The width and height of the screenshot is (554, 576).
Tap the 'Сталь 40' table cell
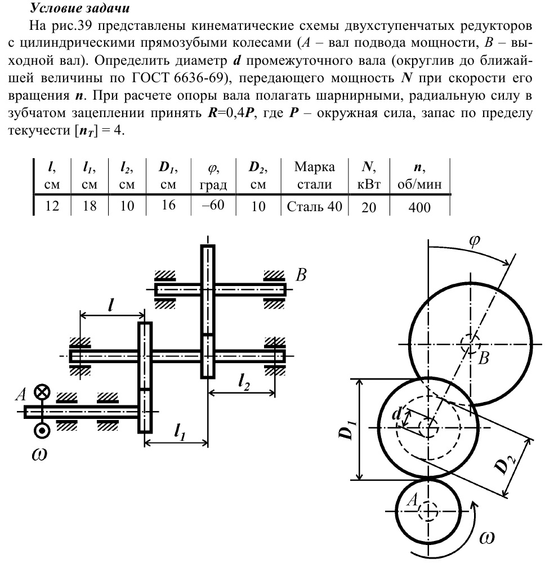tap(314, 207)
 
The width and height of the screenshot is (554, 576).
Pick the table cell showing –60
tap(213, 206)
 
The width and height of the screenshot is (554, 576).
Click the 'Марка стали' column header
tap(314, 175)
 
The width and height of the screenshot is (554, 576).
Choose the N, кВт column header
tap(369, 175)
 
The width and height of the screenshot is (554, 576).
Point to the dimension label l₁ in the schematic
tap(180, 432)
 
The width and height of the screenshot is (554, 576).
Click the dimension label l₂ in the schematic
tap(244, 383)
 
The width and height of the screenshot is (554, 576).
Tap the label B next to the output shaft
tap(302, 275)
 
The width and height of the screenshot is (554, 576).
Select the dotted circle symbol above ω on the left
tap(42, 431)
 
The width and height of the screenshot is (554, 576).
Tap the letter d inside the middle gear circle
tap(397, 415)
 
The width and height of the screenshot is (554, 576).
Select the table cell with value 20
tap(369, 207)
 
